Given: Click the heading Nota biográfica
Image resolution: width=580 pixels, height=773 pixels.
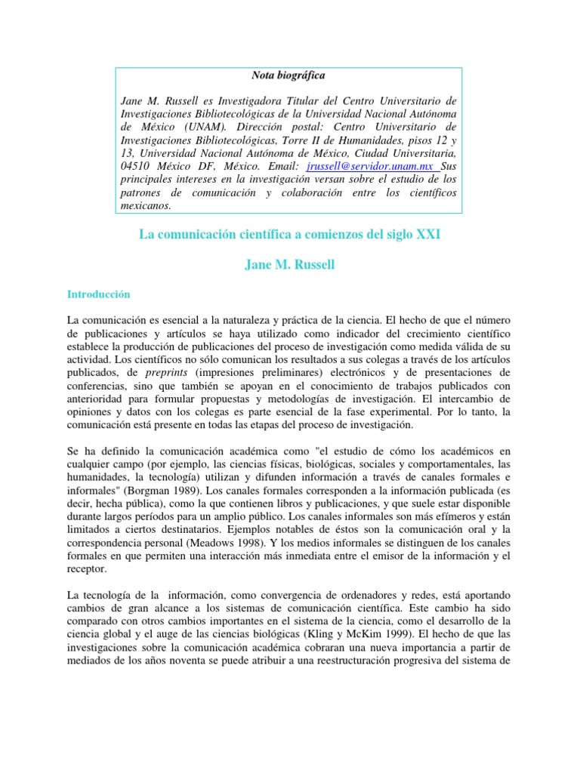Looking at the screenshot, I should pyautogui.click(x=288, y=75).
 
